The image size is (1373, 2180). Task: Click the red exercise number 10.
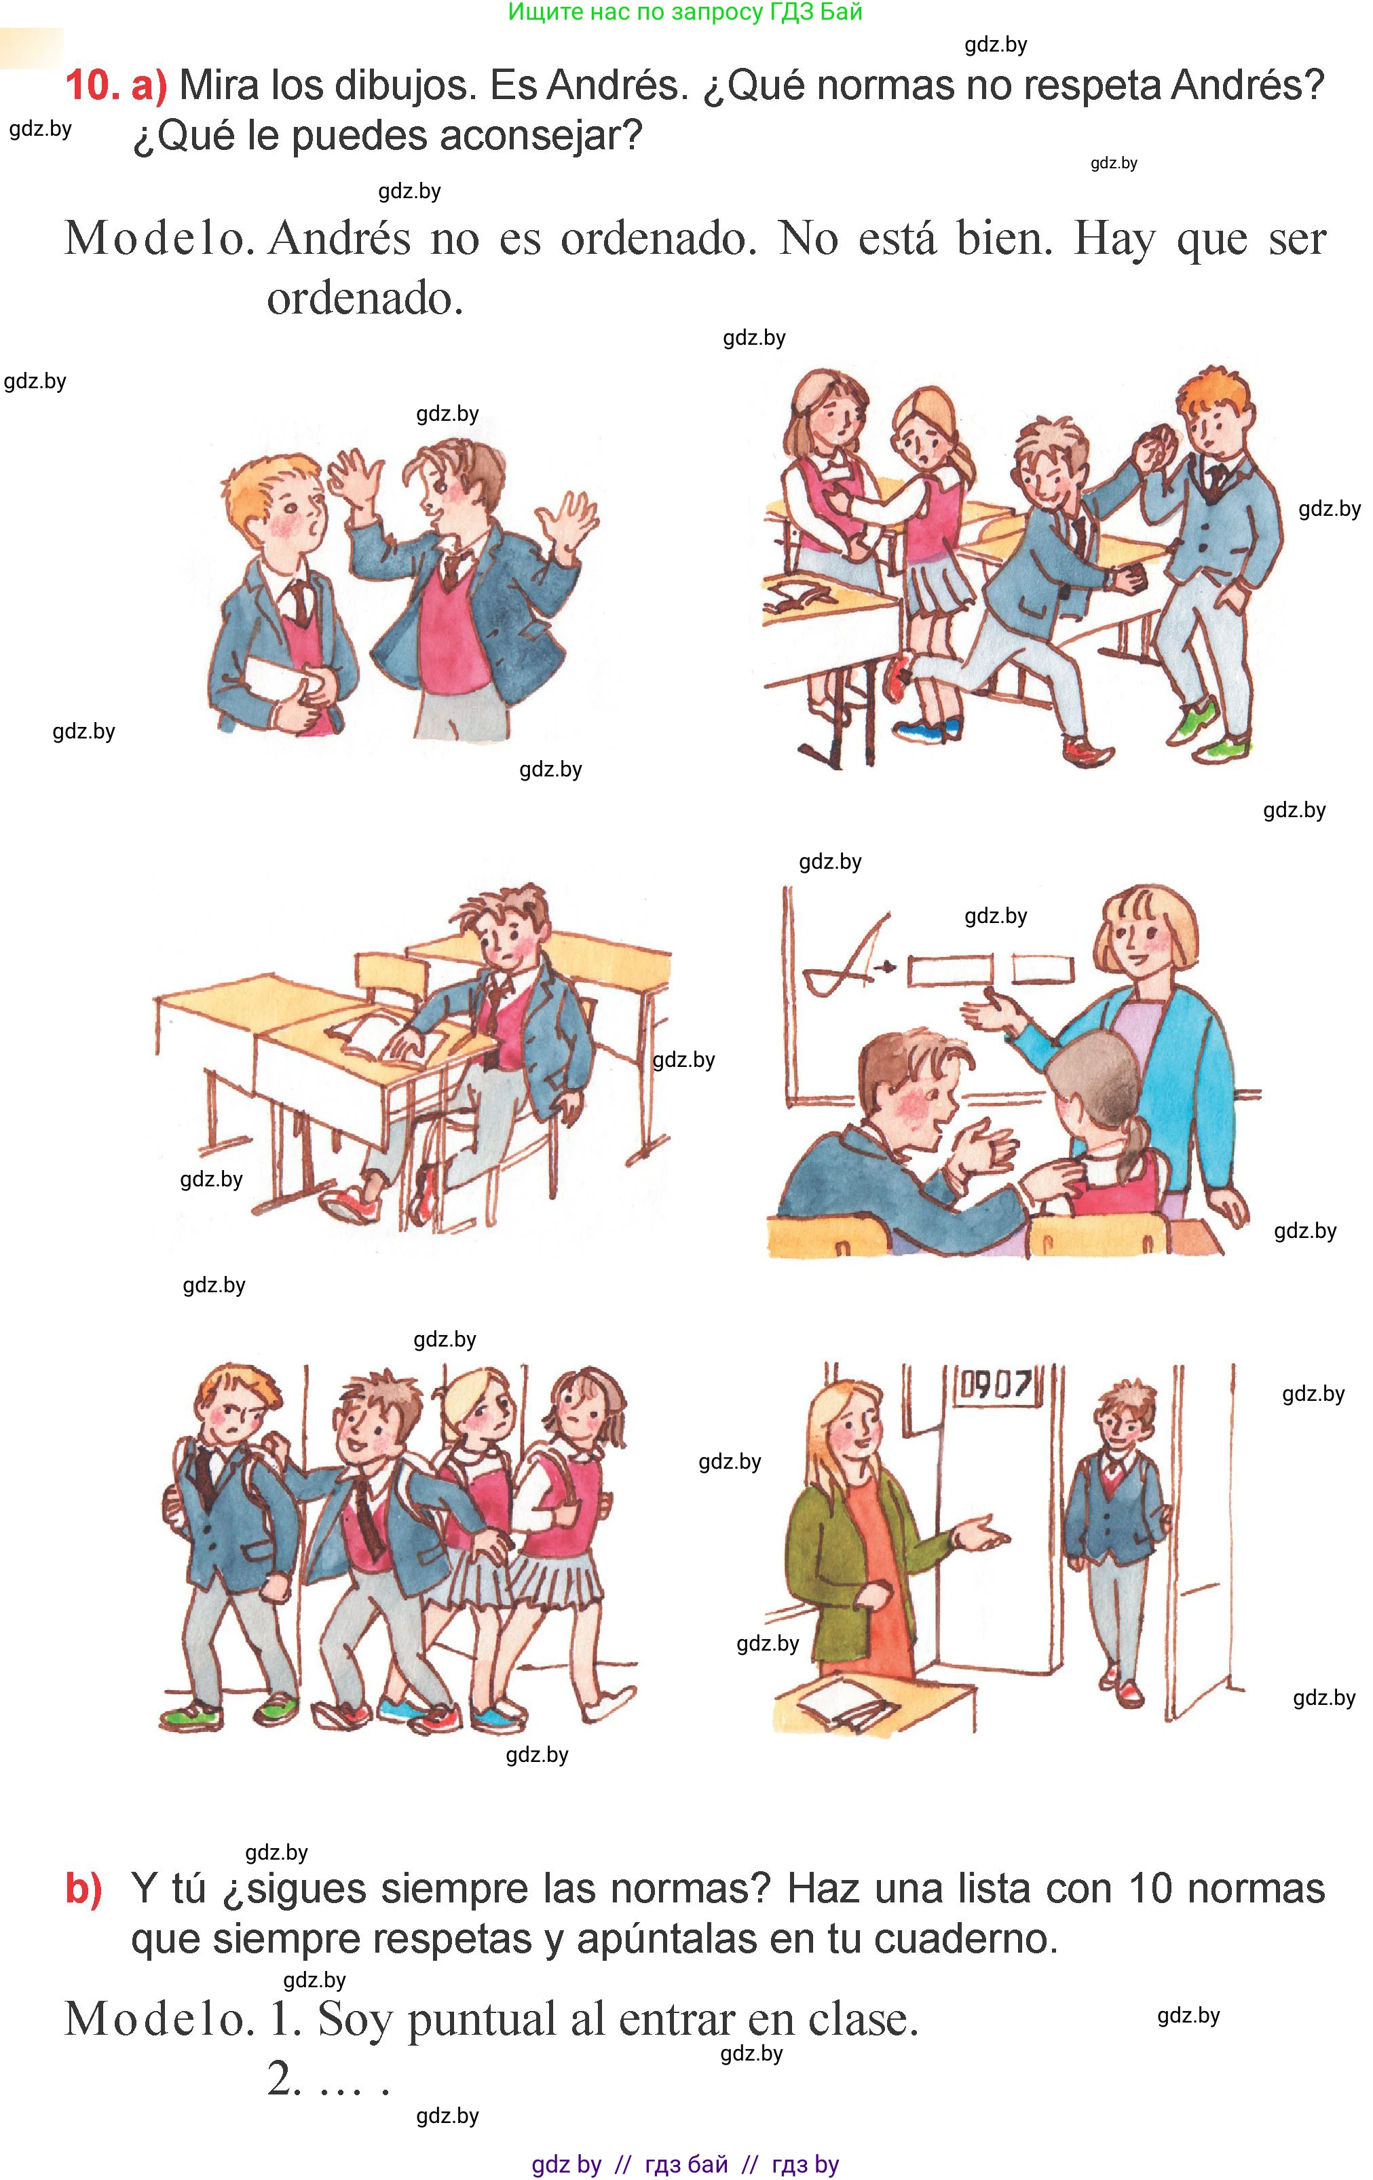[x=92, y=86]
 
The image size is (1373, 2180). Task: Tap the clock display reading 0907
[x=995, y=1385]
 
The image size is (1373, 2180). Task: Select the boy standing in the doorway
[x=1116, y=1521]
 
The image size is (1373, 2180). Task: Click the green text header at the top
[x=685, y=13]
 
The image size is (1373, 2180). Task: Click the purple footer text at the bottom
[x=685, y=2164]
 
